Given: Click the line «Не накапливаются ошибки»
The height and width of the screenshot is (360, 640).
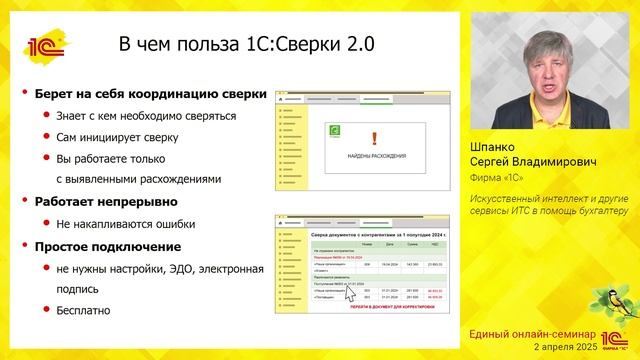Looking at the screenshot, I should [x=125, y=224].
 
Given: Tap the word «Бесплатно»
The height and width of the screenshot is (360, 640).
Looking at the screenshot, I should [x=90, y=311].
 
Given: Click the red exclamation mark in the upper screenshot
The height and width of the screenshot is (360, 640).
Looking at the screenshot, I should [x=374, y=139].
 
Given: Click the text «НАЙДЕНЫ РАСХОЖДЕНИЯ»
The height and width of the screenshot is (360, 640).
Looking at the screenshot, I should [x=375, y=156].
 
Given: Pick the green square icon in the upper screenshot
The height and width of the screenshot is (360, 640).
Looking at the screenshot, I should [x=335, y=130].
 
